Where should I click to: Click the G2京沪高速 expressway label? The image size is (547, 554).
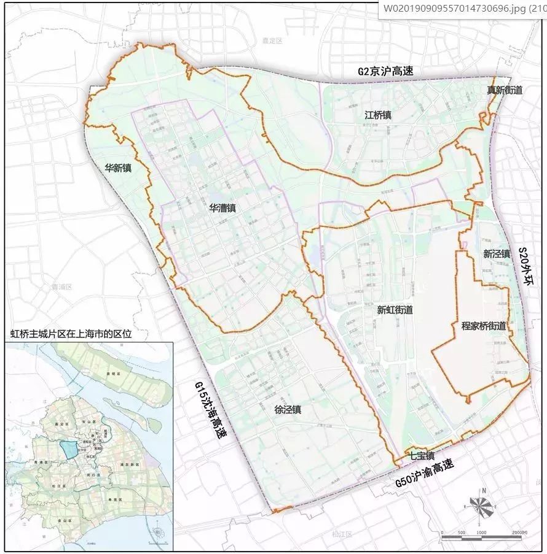(385, 71)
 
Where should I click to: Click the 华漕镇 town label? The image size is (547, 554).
(222, 208)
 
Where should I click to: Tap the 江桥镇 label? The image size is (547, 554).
(378, 115)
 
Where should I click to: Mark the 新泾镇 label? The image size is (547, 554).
(496, 253)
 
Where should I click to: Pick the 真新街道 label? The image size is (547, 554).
(505, 90)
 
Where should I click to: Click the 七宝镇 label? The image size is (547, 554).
(422, 456)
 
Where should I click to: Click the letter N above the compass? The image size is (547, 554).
(484, 490)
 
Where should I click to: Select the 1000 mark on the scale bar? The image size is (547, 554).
(481, 531)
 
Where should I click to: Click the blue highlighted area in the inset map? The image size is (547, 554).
(70, 448)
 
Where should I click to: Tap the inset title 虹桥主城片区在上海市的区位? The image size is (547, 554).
(71, 334)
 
